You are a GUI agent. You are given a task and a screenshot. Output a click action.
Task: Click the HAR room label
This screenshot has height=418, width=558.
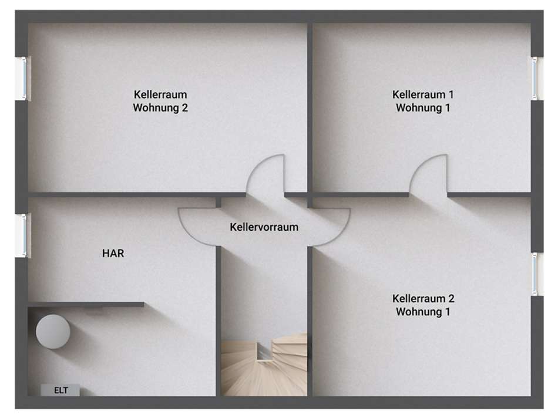tap(113, 254)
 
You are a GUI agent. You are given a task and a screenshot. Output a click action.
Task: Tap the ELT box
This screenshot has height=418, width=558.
tap(60, 389)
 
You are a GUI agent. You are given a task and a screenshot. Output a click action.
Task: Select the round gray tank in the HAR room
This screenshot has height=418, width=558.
tap(53, 332)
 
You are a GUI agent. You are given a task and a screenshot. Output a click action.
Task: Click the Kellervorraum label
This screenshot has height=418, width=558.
tap(264, 227)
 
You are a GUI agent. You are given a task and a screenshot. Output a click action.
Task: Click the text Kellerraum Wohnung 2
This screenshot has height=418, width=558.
tap(160, 101)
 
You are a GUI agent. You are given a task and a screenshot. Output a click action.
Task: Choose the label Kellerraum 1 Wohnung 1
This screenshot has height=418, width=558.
tap(422, 101)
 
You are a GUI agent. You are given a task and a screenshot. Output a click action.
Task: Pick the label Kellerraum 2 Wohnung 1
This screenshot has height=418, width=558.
tap(422, 305)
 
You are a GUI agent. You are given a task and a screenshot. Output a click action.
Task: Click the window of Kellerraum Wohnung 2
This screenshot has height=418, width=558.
tap(23, 78)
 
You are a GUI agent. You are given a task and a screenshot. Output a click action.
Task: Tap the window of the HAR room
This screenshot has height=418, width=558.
tap(23, 235)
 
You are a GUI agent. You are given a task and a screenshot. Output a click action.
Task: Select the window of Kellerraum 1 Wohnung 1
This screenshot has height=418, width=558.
tap(535, 78)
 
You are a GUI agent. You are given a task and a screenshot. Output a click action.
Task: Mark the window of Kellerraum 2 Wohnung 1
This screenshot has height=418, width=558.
tap(535, 274)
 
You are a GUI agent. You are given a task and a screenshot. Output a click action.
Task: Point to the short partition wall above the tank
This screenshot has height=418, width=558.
tap(86, 304)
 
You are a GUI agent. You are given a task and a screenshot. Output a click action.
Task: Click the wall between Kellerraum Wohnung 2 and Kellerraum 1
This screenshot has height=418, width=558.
tap(310, 106)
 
